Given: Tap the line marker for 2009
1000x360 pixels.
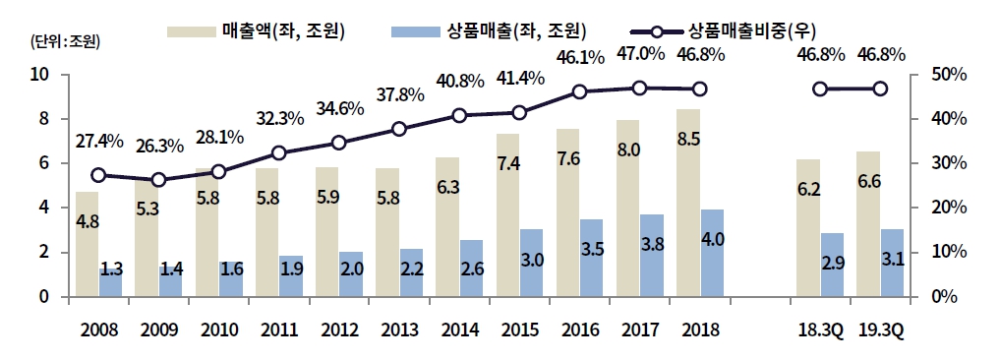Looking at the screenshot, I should pyautogui.click(x=158, y=180).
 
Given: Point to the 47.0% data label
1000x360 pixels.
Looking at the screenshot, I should pyautogui.click(x=639, y=55).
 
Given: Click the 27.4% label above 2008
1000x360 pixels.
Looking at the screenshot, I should pyautogui.click(x=98, y=142).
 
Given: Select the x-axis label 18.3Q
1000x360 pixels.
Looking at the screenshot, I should pyautogui.click(x=822, y=329).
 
